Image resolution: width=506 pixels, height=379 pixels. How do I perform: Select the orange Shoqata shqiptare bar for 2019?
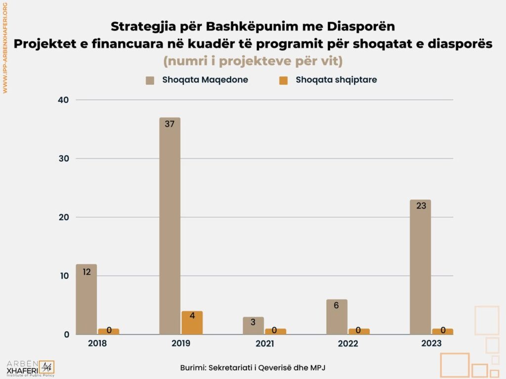[x=192, y=323]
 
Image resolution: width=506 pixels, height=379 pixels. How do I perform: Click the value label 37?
[x=169, y=124]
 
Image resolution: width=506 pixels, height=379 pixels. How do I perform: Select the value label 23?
[x=421, y=206]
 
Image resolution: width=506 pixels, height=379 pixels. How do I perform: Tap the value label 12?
[x=86, y=271]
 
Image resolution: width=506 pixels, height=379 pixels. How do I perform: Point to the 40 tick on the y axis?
[x=64, y=100]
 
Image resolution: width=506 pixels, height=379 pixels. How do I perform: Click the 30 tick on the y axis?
[x=64, y=158]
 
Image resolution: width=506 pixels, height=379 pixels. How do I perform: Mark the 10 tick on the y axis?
[x=64, y=276]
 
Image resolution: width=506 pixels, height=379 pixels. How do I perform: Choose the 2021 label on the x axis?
[x=264, y=343]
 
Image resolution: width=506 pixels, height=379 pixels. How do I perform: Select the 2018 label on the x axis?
[x=97, y=343]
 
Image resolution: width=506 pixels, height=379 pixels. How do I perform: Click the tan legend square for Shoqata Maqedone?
[x=151, y=80]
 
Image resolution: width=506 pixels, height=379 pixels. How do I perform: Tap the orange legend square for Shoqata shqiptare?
[x=283, y=80]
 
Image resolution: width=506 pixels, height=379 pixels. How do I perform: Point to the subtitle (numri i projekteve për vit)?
[x=253, y=61]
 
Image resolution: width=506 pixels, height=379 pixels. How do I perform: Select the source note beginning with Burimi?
[x=253, y=368]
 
